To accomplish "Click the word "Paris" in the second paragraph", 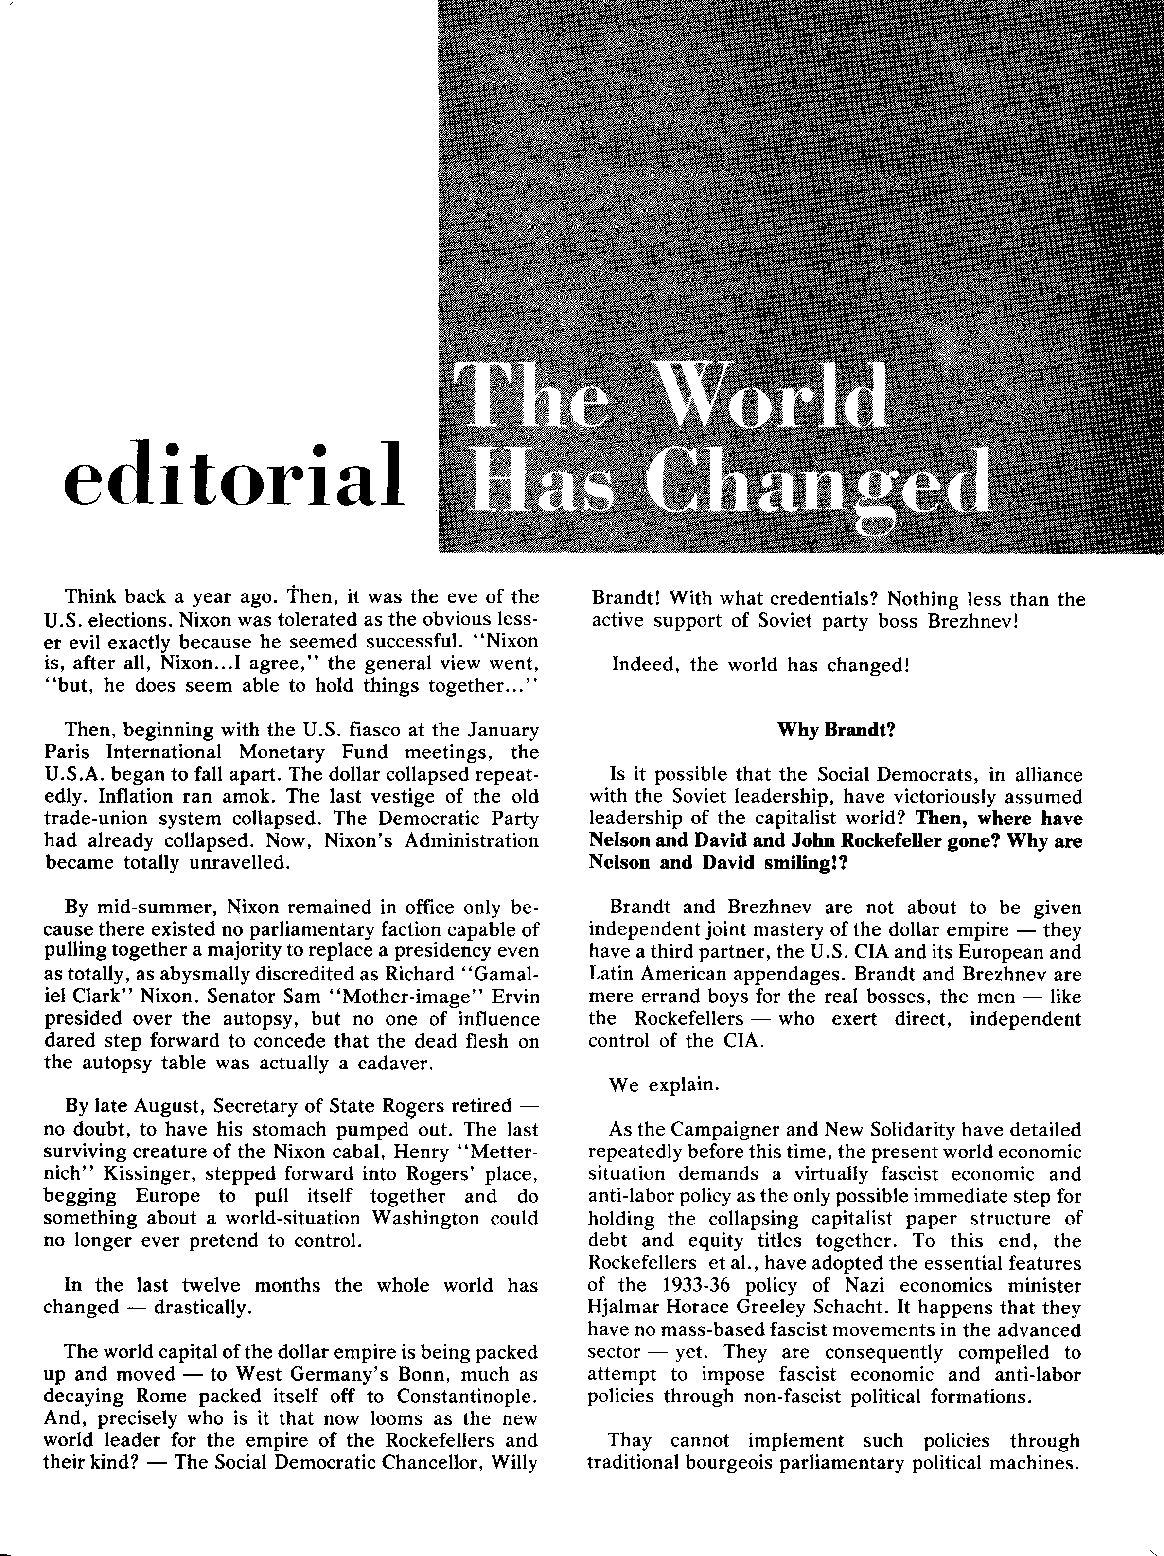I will [x=66, y=752].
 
